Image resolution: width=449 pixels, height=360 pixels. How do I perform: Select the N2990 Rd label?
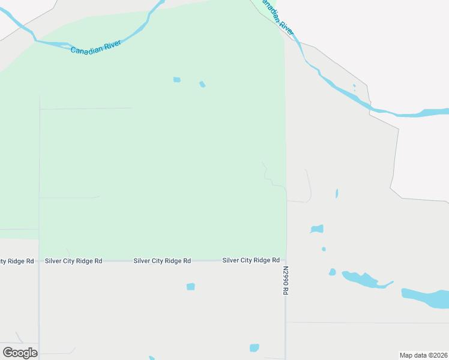point(286,280)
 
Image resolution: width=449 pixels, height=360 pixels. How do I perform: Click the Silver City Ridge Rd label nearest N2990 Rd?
point(251,260)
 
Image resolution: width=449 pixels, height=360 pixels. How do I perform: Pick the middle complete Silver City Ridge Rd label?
point(162,261)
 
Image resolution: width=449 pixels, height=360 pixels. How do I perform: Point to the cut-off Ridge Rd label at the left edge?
point(17,261)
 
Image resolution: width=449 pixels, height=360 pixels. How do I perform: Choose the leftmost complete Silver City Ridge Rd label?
point(73,261)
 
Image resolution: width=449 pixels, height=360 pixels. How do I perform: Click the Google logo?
point(20,353)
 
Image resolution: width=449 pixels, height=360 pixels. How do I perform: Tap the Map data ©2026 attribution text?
point(423,355)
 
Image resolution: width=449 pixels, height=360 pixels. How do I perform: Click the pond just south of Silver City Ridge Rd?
point(191,287)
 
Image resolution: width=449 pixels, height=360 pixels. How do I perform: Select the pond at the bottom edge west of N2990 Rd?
point(255,348)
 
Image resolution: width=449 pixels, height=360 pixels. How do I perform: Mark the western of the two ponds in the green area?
point(176,80)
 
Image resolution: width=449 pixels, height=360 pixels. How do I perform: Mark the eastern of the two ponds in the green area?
point(202,84)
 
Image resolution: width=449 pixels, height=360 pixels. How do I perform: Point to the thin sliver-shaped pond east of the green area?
point(337,193)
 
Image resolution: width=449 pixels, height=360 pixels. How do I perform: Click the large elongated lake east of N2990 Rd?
point(364,280)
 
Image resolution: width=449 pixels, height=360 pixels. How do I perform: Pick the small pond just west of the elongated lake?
point(332,272)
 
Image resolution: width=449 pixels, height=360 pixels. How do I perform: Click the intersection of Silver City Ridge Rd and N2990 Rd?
point(286,260)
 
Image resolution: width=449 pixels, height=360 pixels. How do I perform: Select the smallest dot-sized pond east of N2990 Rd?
point(324,249)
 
